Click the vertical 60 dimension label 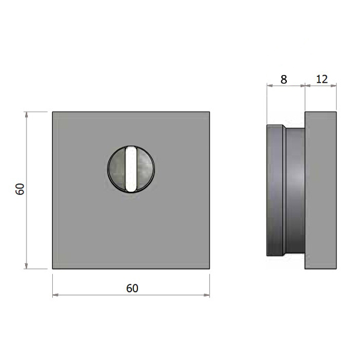[x=20, y=189]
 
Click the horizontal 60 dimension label [x=132, y=289]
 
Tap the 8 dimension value [x=284, y=79]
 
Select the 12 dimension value [x=322, y=79]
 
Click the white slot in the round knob [x=131, y=169]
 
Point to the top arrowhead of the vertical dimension [x=26, y=115]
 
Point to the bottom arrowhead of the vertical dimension [x=26, y=266]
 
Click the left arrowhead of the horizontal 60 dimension [x=56, y=295]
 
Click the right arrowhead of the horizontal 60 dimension [x=206, y=295]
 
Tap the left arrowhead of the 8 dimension [x=270, y=86]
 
